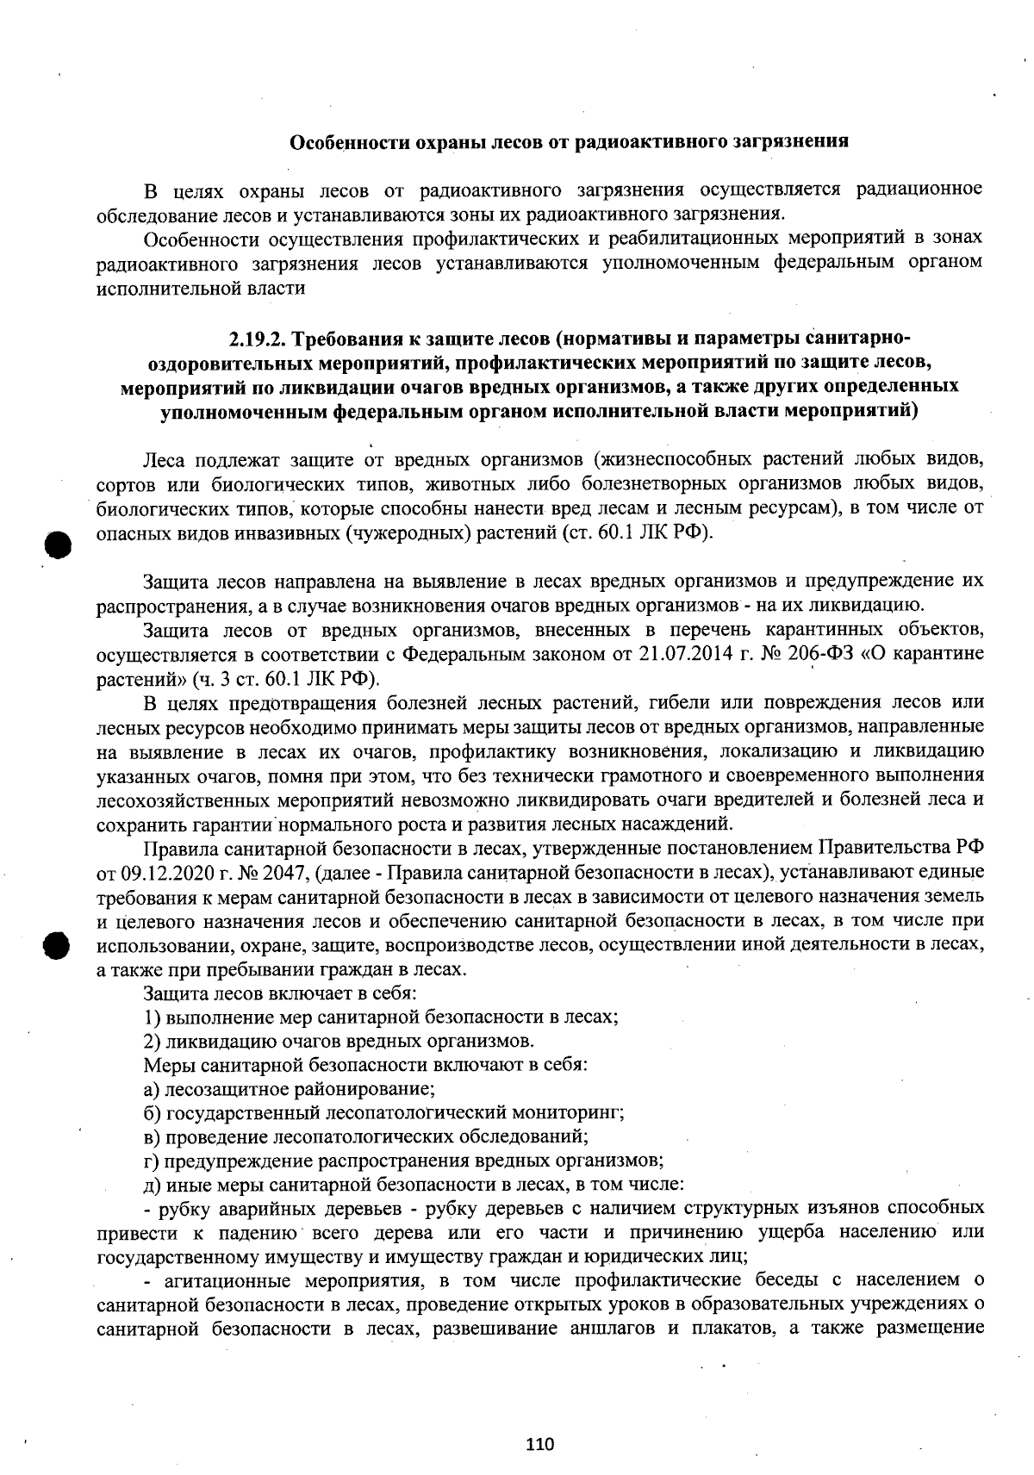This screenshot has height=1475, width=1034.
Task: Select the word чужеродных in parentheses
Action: click(x=408, y=532)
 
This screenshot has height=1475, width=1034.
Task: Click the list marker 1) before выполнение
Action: click(x=153, y=1017)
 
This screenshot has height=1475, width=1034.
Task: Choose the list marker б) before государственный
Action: click(x=153, y=1111)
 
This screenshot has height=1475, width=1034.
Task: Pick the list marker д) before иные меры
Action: click(x=153, y=1183)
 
